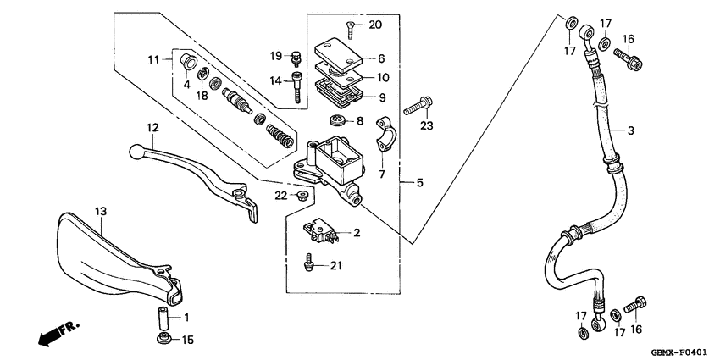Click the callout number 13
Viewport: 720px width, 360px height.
point(100,211)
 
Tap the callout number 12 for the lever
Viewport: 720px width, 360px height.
point(152,128)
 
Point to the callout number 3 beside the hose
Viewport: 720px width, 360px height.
point(630,130)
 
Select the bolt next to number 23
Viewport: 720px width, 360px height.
point(418,107)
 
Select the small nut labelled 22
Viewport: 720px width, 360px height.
point(300,196)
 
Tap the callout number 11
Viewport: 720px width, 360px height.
point(153,59)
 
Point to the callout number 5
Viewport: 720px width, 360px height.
point(411,182)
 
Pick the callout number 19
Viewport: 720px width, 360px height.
point(276,56)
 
